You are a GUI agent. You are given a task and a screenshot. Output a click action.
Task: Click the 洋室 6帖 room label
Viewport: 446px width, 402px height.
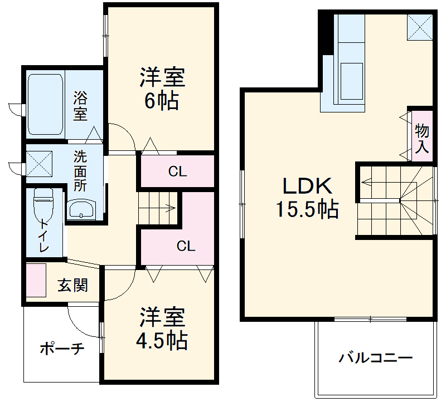[162, 89]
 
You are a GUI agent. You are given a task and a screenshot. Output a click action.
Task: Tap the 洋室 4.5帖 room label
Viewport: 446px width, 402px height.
[162, 329]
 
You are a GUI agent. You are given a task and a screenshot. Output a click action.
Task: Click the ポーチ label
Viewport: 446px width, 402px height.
[61, 349]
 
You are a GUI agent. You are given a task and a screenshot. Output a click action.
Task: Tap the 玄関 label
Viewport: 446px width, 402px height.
[73, 286]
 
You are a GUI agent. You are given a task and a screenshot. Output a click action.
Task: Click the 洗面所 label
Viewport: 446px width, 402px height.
[81, 170]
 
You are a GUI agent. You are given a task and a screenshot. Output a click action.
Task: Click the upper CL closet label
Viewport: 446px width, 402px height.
[177, 172]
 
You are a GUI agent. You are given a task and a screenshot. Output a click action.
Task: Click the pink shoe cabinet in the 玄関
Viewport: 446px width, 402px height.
[36, 282]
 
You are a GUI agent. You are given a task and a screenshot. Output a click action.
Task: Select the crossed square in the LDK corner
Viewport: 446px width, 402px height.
[419, 27]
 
